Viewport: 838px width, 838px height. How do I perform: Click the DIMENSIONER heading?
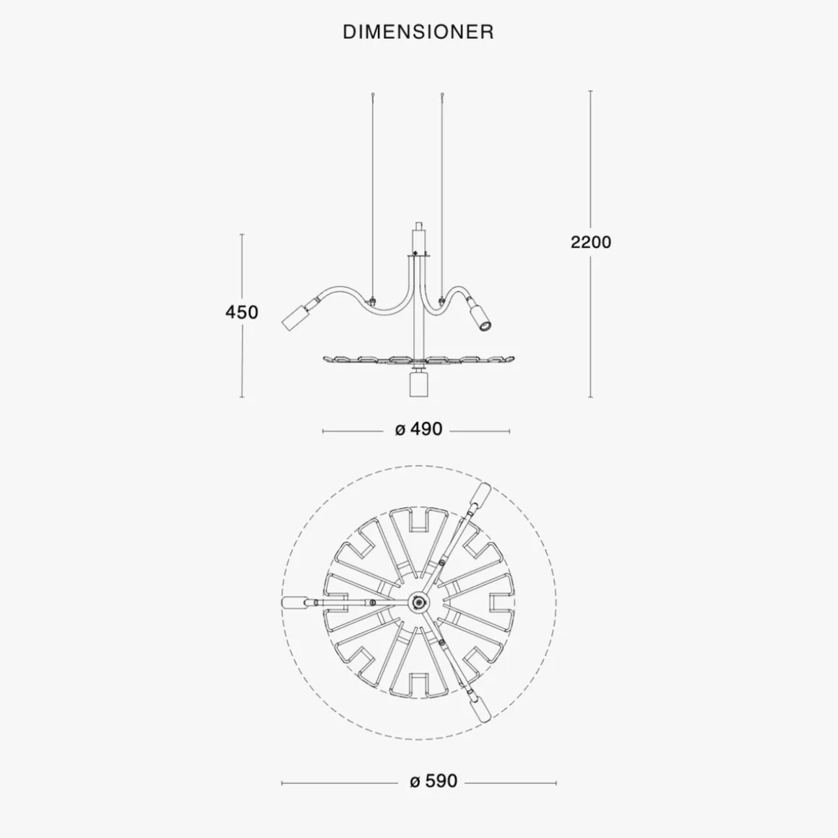418,32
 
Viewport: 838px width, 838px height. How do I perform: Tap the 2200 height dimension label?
590,242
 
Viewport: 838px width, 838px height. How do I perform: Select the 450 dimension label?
241,312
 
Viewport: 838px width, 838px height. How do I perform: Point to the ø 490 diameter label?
418,428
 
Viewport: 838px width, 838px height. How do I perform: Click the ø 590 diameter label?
433,781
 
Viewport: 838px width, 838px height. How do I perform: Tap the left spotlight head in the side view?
293,317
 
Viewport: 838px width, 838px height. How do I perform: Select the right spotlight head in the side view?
480,317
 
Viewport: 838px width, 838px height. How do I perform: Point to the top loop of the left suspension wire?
373,95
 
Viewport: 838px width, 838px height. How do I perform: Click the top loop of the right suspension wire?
442,95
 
